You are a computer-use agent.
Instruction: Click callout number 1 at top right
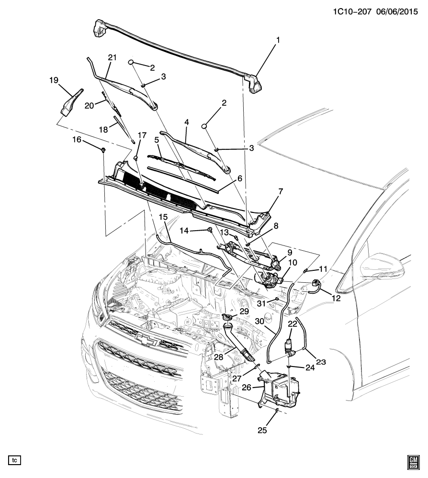tap(276, 41)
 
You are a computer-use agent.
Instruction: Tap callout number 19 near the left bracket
tap(53, 80)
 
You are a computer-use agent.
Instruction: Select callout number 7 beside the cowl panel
tap(281, 192)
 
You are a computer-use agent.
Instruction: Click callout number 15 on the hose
tap(163, 218)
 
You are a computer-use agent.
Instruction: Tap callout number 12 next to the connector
tap(336, 298)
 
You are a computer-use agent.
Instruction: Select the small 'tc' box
tap(15, 460)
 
